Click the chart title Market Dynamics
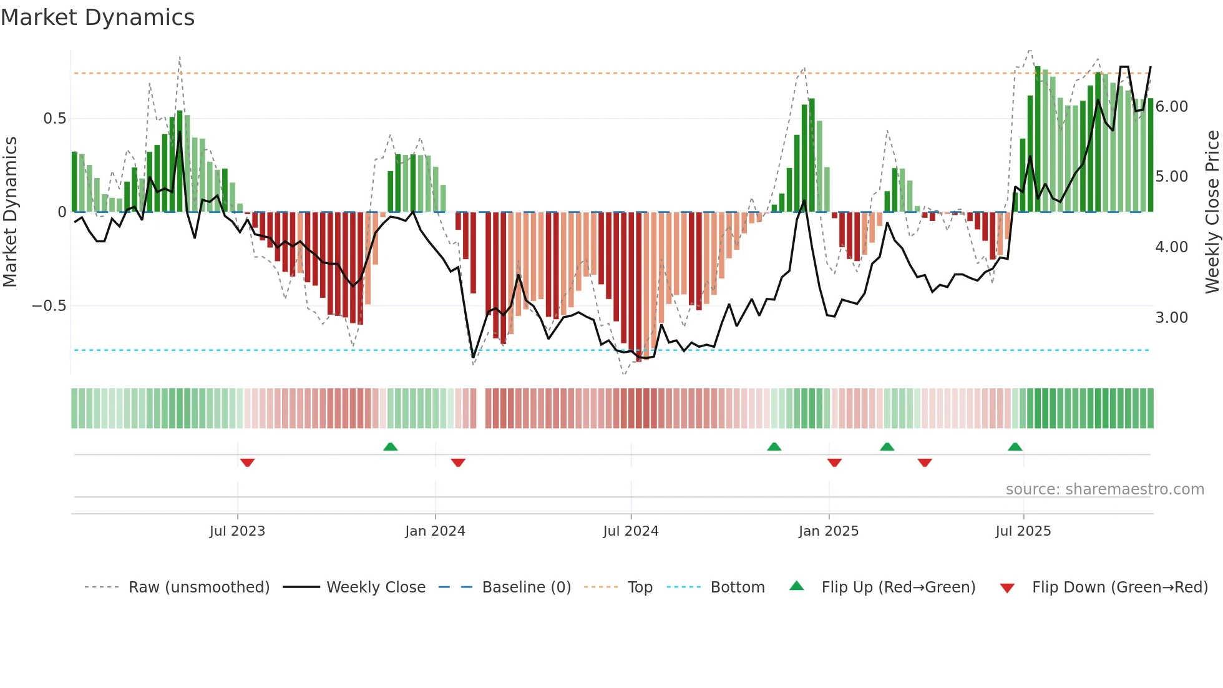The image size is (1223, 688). tap(98, 17)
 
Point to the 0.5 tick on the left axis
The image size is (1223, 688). tap(54, 119)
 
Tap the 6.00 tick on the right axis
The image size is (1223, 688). tap(1171, 107)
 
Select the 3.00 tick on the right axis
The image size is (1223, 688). tap(1171, 318)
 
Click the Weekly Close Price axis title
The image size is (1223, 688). tap(1212, 212)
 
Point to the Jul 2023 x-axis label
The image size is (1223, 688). tap(237, 531)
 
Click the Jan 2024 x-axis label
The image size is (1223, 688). tap(435, 531)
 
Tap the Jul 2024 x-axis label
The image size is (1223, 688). tap(631, 531)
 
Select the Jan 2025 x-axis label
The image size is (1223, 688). tap(829, 531)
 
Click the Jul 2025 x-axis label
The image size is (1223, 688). tap(1023, 531)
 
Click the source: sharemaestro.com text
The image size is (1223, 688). tap(1104, 489)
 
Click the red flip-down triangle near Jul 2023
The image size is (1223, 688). tap(247, 463)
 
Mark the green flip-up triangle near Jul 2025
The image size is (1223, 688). tap(1015, 446)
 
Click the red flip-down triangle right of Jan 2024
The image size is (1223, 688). tap(458, 463)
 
